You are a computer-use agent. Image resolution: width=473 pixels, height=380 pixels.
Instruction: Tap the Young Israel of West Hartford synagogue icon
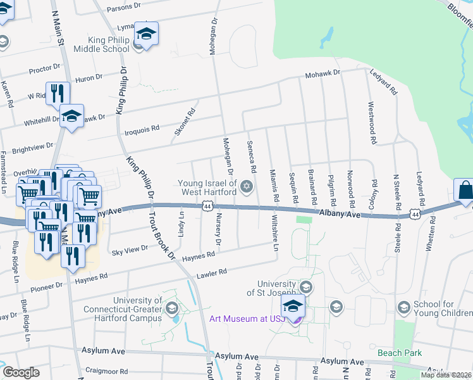[246, 186]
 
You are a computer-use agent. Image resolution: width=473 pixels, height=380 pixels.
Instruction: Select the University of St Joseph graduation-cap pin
[293, 306]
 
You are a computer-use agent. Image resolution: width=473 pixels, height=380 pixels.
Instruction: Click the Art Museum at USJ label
[247, 318]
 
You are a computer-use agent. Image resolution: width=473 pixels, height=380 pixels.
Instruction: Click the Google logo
[21, 372]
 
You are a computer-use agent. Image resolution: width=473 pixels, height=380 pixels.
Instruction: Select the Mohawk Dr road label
[322, 73]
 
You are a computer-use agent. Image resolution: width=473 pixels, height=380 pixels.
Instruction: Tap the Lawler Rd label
[213, 273]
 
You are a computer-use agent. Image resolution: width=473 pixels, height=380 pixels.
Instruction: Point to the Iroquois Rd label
[142, 129]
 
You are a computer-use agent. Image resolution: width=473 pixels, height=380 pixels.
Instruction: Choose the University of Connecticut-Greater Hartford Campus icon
[171, 308]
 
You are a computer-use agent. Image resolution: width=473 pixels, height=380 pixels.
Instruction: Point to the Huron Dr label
[89, 78]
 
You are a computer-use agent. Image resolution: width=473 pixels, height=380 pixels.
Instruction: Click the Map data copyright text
[446, 375]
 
